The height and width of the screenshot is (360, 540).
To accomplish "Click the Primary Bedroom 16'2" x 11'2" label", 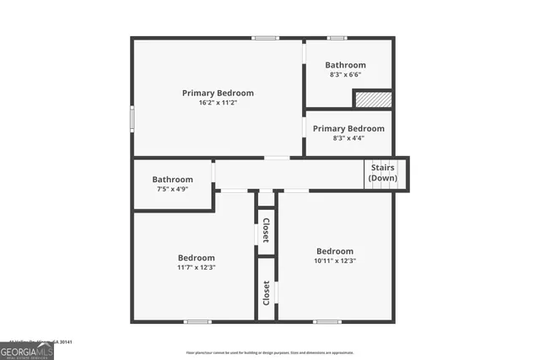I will [x=218, y=98].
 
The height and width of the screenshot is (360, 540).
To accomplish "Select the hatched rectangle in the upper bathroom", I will [x=372, y=99].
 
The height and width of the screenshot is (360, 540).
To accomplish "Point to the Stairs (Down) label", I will [x=382, y=173].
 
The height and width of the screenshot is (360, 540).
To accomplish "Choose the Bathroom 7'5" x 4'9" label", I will [x=172, y=184].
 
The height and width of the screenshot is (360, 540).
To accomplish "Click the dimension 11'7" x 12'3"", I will [x=196, y=267].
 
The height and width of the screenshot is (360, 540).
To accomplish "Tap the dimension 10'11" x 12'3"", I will [x=335, y=261].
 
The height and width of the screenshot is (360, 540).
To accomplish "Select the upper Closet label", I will [x=266, y=230].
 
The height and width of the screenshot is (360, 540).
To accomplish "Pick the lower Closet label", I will [x=266, y=293].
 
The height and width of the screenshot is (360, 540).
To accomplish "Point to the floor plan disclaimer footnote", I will [x=270, y=352].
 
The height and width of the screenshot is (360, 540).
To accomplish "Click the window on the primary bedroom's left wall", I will [x=132, y=117].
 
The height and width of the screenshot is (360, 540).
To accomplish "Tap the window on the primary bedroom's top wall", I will [x=266, y=38].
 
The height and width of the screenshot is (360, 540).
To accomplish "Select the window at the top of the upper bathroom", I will [x=337, y=38].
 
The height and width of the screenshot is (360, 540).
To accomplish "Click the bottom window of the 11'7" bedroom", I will [x=197, y=321].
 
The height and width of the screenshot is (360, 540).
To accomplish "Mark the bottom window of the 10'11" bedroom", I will [x=327, y=321].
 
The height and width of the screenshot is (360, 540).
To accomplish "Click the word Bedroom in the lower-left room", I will [x=196, y=258].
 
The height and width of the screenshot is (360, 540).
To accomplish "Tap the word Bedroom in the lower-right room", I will [x=335, y=251].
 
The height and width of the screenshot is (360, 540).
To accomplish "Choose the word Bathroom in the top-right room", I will [x=346, y=65].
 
